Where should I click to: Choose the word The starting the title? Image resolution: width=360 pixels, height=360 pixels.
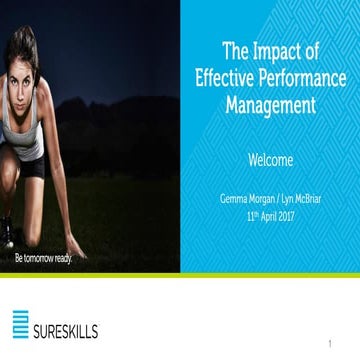[236, 50]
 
